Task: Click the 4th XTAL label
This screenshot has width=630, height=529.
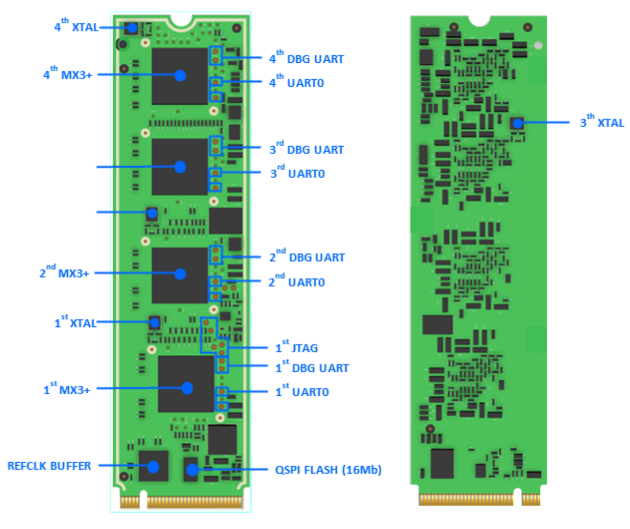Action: click(x=77, y=27)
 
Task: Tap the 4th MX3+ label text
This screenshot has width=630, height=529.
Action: click(x=68, y=75)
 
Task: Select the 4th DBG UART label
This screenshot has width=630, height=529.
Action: click(x=307, y=59)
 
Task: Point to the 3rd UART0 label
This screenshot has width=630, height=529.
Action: click(x=297, y=174)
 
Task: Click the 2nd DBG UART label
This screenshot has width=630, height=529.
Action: click(x=307, y=257)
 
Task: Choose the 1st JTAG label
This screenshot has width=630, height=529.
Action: click(x=297, y=348)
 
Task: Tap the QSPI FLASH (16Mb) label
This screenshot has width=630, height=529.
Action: click(x=328, y=470)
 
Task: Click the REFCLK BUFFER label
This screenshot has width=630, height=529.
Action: click(x=49, y=466)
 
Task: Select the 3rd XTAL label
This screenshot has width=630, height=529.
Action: click(x=602, y=123)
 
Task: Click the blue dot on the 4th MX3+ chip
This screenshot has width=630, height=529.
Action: click(x=180, y=76)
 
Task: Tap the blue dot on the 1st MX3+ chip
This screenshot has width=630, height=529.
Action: click(x=187, y=388)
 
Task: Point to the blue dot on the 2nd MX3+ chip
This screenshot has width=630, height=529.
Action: click(x=180, y=274)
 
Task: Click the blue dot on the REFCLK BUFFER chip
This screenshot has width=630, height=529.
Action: click(x=153, y=466)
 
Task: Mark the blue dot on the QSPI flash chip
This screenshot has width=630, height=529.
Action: click(x=192, y=470)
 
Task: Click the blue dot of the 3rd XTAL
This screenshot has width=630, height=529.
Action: click(x=518, y=123)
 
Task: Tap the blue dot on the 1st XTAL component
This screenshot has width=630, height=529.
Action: click(x=155, y=322)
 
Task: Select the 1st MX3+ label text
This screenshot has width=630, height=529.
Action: click(x=67, y=390)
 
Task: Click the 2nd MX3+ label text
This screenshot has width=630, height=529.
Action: click(x=65, y=273)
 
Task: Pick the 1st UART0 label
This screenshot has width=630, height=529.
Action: click(x=303, y=392)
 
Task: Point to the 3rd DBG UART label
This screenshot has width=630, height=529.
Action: click(x=307, y=150)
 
